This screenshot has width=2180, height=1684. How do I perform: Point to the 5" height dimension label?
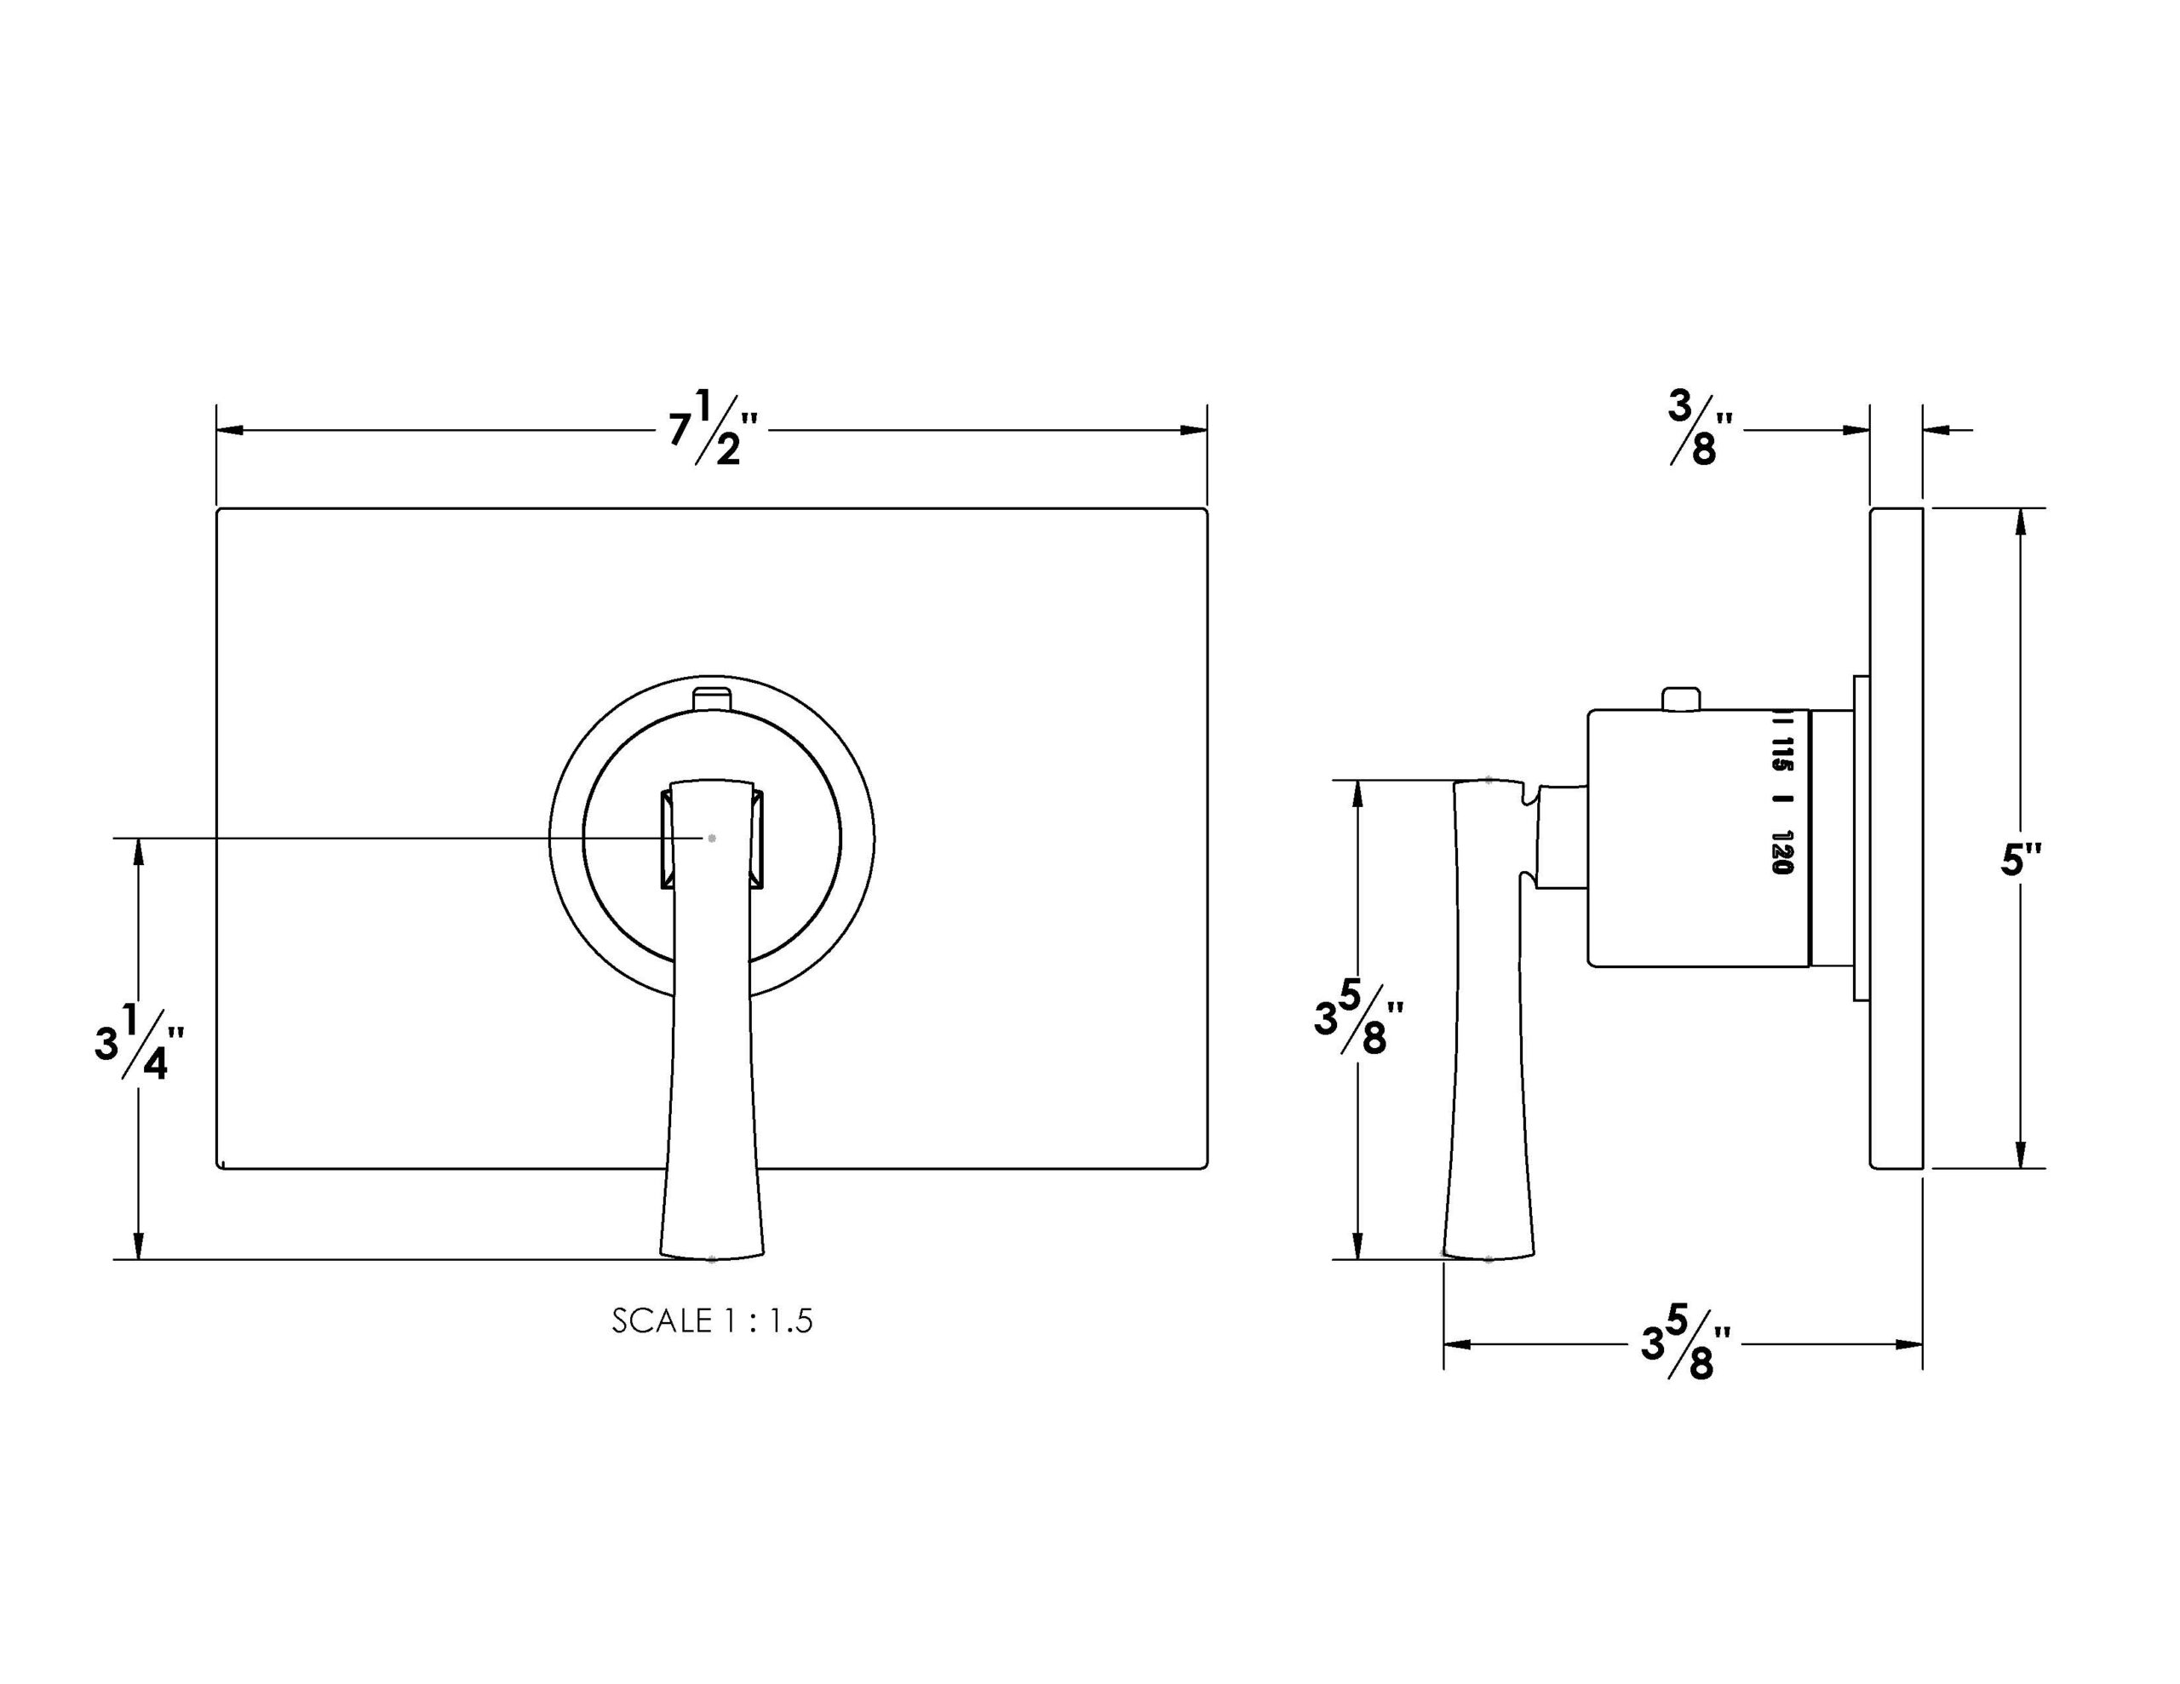[x=2022, y=860]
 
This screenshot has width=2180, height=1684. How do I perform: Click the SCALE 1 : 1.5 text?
[x=713, y=1320]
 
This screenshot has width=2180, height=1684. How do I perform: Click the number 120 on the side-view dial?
[x=1782, y=851]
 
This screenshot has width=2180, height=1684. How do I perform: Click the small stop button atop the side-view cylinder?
[x=1681, y=699]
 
